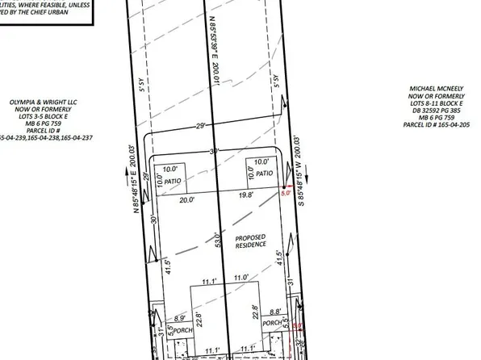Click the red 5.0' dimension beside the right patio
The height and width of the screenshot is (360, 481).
point(284,194)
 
